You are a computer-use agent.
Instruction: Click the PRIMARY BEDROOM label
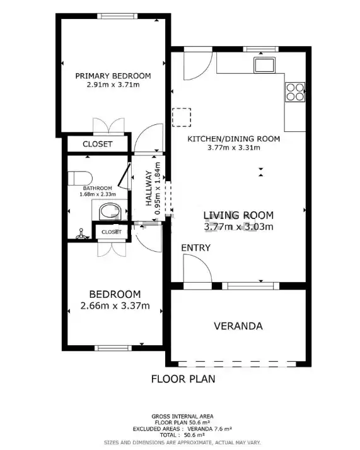pos(113,76)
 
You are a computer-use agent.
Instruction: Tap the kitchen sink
pos(264,65)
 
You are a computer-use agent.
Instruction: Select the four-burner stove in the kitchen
pos(295,92)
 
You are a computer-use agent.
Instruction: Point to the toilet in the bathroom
pos(80,178)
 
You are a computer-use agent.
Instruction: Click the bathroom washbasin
pos(110,212)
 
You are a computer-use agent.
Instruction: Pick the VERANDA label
pos(238,326)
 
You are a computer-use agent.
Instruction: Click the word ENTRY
pos(196,247)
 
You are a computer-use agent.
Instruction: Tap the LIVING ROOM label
pos(238,215)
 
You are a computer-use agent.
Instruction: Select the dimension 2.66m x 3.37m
pos(115,305)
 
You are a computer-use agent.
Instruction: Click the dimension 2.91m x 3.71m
pos(113,85)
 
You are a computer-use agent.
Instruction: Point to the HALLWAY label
pos(149,188)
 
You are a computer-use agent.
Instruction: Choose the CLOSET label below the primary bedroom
pos(98,144)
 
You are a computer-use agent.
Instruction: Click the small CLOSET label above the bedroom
pos(112,232)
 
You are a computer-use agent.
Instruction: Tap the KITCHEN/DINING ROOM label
pos(234,139)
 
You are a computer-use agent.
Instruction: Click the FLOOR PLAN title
pos(183,379)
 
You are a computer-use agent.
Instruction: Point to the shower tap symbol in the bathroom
pos(82,234)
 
